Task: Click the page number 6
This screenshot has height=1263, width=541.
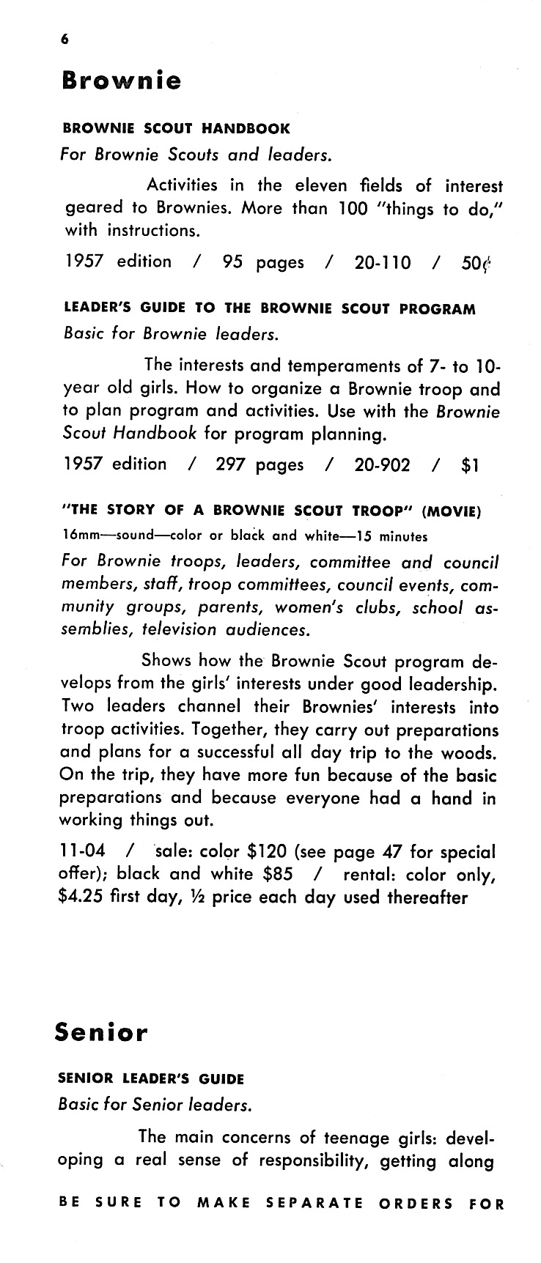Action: [65, 41]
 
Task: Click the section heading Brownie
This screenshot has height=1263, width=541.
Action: [121, 80]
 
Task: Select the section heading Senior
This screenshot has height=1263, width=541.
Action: [101, 1033]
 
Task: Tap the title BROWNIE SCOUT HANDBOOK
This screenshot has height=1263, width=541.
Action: [176, 128]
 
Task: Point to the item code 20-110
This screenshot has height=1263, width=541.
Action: [383, 262]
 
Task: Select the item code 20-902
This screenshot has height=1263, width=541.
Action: [383, 464]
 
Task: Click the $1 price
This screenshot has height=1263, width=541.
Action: [471, 464]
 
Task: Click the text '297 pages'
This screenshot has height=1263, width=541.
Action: [259, 464]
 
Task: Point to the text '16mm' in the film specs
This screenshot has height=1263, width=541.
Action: [75, 536]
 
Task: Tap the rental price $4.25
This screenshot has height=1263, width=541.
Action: [81, 897]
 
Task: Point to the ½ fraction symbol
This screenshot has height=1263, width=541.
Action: [199, 897]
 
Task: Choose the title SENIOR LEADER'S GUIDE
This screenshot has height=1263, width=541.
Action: [151, 1078]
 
